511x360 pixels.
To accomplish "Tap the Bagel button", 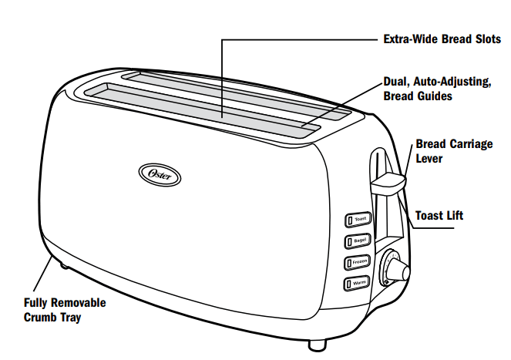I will point(358,241).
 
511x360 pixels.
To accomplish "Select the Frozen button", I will point(358,262).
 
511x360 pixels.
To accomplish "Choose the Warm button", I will point(358,283).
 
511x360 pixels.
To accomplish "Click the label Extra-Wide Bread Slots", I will point(442,39).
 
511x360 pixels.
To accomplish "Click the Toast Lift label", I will point(439,216).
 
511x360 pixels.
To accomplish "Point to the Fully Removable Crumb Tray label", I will point(65,310).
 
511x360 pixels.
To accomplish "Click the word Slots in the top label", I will point(485,39).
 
